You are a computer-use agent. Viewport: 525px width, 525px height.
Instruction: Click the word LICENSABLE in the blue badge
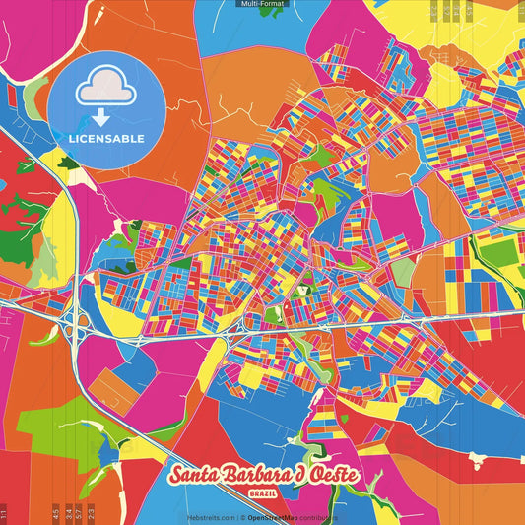coord(106,137)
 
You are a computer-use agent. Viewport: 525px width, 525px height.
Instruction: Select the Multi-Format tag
coord(262,4)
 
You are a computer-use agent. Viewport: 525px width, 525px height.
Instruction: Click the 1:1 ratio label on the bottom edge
coord(4,513)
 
